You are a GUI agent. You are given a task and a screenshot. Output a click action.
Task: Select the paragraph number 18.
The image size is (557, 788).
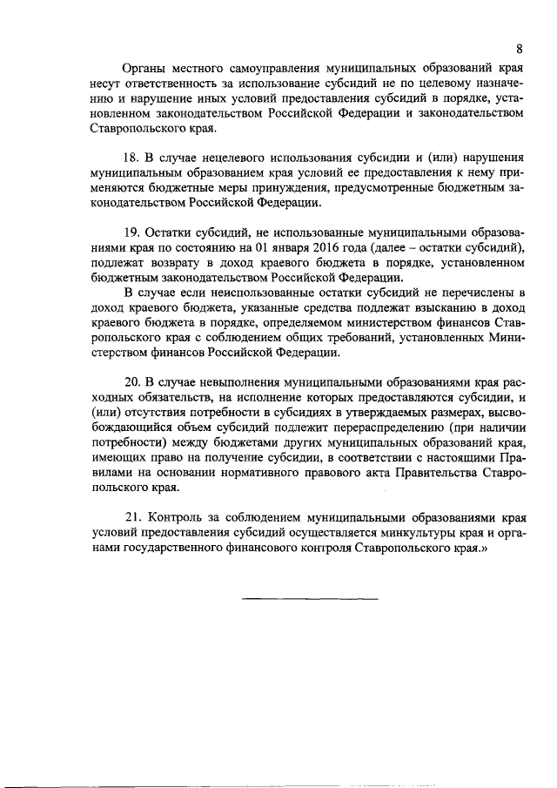tap(133, 158)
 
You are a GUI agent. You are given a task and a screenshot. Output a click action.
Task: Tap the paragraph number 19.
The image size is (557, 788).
tap(133, 234)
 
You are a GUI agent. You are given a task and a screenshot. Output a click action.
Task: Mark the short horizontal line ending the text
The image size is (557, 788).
tap(309, 600)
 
